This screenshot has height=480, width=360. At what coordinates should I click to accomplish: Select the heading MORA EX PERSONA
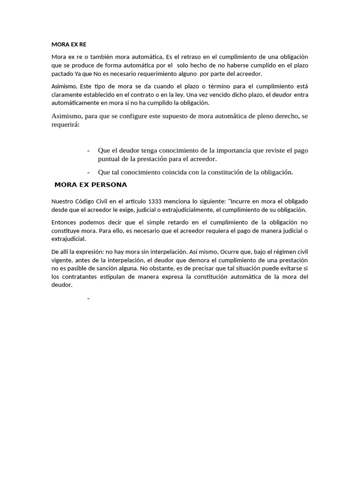(x=90, y=185)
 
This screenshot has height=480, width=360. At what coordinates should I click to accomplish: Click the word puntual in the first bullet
(x=109, y=159)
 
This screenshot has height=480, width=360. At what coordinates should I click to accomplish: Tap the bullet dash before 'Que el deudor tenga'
(x=88, y=150)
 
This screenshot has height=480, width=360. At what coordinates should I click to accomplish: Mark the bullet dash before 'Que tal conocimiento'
(x=88, y=172)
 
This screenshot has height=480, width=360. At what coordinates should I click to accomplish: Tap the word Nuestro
(x=63, y=201)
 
